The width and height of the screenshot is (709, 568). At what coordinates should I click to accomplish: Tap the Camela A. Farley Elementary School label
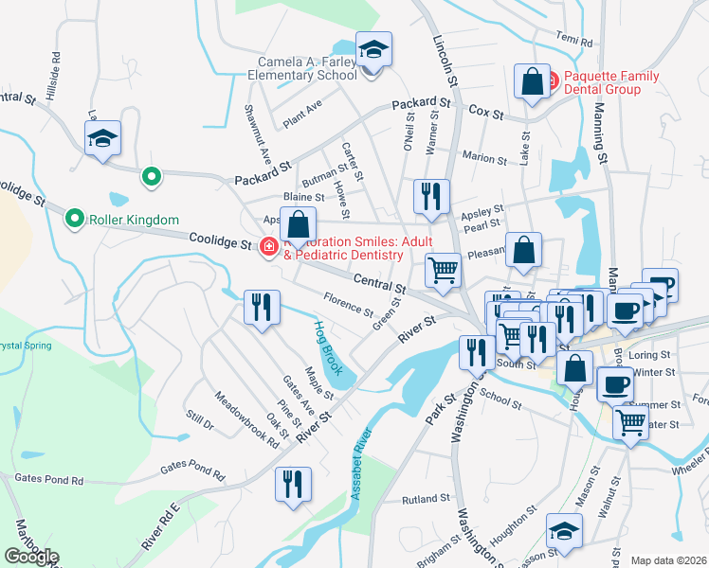tap(300, 66)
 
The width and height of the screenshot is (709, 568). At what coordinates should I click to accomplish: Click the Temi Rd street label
tap(573, 42)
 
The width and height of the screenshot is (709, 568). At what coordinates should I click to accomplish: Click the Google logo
tap(30, 556)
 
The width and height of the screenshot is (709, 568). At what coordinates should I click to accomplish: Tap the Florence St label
tap(347, 305)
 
